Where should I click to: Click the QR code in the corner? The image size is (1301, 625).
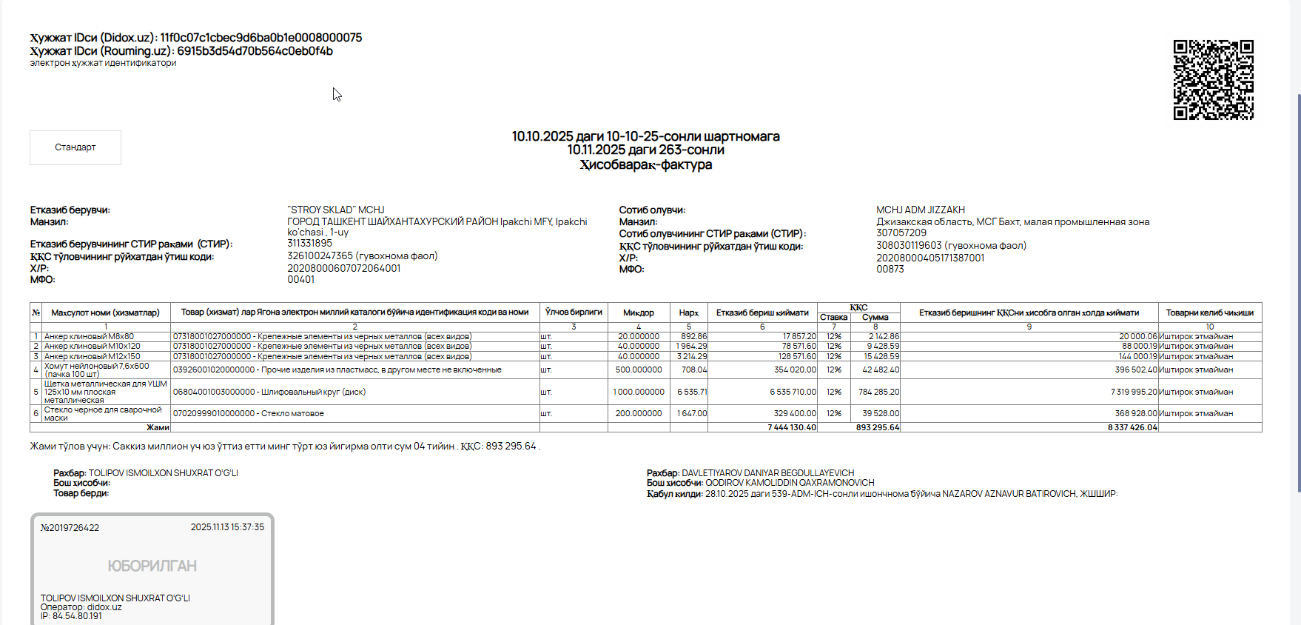coord(1213,80)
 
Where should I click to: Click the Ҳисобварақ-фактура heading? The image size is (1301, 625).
coord(645,164)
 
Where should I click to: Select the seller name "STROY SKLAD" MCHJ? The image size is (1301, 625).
coord(336,210)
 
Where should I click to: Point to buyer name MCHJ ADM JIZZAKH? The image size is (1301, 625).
coord(920,210)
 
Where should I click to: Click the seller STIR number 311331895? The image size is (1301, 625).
coord(309,243)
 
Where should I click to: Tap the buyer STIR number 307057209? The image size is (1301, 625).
coord(901,233)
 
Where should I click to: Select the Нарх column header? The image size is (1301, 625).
coord(688,312)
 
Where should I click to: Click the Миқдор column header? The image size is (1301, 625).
coord(638,312)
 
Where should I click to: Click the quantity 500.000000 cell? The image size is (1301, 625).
coord(638,370)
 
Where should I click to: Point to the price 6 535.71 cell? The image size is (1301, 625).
coord(691,392)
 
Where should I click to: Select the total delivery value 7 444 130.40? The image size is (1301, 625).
coord(791,427)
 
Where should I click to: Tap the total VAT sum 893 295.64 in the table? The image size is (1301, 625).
coord(877,427)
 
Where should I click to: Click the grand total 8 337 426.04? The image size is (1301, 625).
coord(1132,427)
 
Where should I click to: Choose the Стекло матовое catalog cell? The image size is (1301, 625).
coord(249,413)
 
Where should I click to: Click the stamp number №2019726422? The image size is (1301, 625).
coord(70,528)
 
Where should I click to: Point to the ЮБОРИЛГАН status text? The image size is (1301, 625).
coord(152,566)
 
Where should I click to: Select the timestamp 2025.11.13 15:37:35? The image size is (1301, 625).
coord(227,527)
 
